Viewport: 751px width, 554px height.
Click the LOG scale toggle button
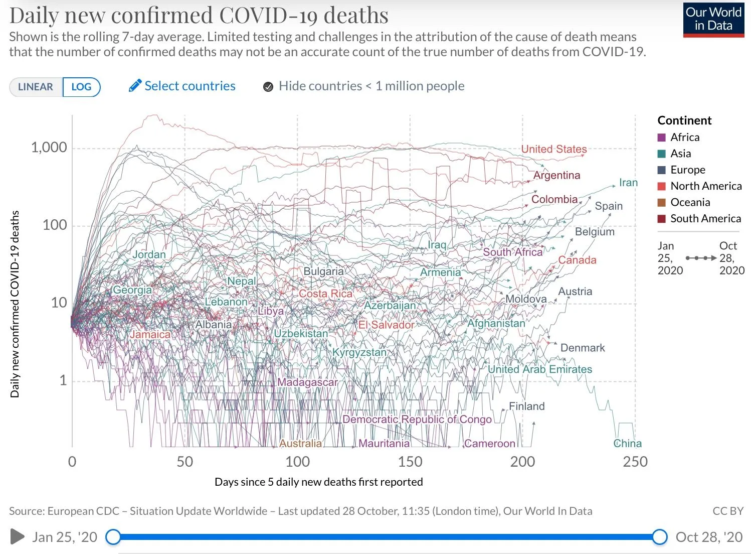[x=81, y=87]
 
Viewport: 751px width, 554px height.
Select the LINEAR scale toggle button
[x=36, y=87]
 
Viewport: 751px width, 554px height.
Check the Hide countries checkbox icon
[x=268, y=87]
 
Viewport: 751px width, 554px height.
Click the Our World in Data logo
[x=713, y=20]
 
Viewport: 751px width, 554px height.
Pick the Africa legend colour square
[x=662, y=137]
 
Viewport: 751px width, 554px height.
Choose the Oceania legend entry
[x=690, y=202]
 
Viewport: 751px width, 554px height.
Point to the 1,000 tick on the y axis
[x=49, y=147]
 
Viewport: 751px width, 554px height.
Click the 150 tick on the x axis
[x=410, y=462]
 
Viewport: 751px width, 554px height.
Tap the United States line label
[x=554, y=149]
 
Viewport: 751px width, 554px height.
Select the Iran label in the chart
[x=628, y=183]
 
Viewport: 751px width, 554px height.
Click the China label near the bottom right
[x=627, y=443]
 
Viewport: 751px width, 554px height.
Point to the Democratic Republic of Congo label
[x=417, y=419]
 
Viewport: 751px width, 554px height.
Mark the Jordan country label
[x=149, y=254]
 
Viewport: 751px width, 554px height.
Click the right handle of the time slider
[x=660, y=536]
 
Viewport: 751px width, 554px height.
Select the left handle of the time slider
[x=113, y=536]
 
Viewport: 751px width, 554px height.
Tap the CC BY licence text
[x=727, y=511]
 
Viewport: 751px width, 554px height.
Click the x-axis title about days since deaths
[x=318, y=482]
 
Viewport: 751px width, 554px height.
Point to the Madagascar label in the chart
[x=307, y=382]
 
